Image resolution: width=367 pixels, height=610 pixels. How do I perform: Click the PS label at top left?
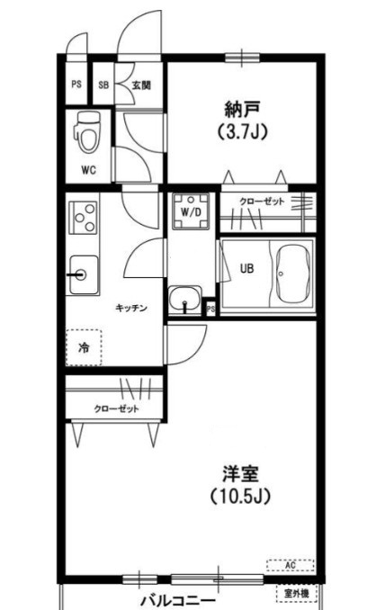(x=76, y=85)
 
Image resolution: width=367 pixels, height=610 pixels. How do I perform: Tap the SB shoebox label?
(x=103, y=85)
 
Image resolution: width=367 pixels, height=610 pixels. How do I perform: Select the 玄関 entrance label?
(x=140, y=85)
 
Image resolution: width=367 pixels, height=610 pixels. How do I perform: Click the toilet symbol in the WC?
(x=87, y=133)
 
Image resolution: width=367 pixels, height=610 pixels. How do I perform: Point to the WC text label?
(x=88, y=168)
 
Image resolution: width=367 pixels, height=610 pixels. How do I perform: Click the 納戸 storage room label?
(x=242, y=110)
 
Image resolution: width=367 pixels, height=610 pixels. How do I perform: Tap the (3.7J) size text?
(x=242, y=131)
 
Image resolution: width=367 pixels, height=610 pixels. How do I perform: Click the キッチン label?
(x=131, y=308)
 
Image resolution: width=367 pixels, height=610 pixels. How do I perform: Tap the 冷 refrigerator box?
(x=84, y=346)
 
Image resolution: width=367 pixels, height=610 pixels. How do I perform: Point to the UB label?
(x=246, y=266)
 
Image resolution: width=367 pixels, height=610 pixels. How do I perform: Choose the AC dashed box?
(x=290, y=565)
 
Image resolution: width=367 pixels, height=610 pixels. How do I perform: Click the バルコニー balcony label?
(x=176, y=599)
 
